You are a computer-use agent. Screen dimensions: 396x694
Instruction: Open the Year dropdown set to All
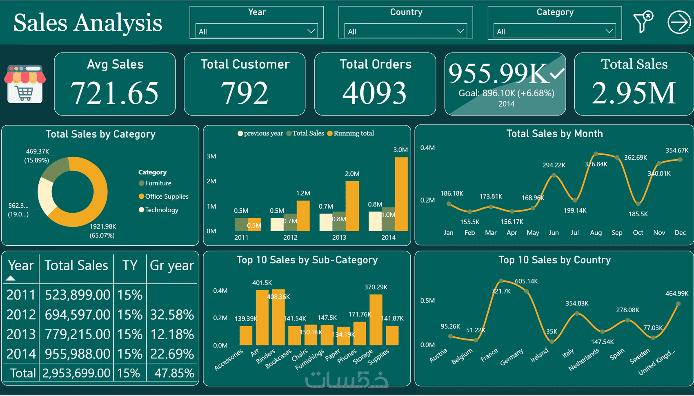coord(256,31)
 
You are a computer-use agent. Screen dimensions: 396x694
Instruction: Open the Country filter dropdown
coord(405,31)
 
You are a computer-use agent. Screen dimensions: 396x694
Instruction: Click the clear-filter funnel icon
coord(643,22)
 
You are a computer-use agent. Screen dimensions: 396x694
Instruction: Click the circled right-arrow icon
coord(679,22)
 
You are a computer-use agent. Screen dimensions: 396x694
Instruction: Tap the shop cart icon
coord(25,84)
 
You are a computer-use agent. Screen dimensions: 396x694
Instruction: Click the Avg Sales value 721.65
coord(115,93)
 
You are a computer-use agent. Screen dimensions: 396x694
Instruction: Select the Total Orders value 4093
coord(375,93)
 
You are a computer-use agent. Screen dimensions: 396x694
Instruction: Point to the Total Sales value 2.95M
coord(634,93)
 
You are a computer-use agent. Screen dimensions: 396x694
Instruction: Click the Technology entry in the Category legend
coord(161,210)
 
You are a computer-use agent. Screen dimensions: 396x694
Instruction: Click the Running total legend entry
coord(353,133)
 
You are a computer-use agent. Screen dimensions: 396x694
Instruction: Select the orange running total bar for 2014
coord(401,194)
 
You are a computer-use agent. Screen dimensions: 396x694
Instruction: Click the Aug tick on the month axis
coord(596,233)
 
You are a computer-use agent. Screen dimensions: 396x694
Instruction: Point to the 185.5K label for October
coord(638,214)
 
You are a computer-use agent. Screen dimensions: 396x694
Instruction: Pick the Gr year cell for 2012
coord(172,315)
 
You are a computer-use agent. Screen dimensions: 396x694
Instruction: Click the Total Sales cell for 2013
coord(77,334)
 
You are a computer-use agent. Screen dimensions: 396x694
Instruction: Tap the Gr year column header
coord(172,266)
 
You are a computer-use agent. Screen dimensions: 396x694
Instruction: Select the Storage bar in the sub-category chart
coord(376,320)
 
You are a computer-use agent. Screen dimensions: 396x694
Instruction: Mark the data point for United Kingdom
coord(678,304)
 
